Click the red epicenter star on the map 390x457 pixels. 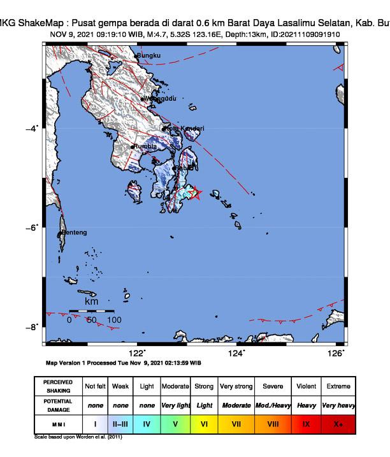coord(196,192)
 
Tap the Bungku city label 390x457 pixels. coord(151,56)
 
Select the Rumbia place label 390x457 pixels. coord(145,147)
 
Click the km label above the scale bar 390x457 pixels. coord(92,300)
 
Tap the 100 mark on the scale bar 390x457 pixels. coord(114,320)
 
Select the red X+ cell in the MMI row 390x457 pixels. coord(338,423)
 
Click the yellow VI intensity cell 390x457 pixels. coord(205,423)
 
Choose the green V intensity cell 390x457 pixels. coord(175,423)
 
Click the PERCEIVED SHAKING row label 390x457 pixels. coord(57,386)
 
